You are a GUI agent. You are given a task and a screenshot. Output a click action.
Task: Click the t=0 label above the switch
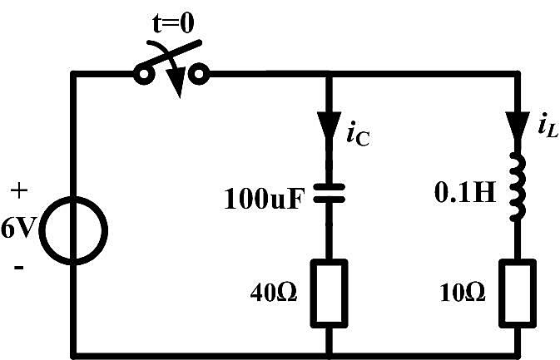click(174, 22)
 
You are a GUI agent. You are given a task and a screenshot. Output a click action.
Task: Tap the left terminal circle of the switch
click(143, 75)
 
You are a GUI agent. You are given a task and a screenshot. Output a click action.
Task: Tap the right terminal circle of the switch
click(199, 74)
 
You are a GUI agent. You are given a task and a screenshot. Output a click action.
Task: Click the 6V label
click(17, 228)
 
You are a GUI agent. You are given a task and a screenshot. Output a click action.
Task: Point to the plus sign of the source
click(19, 191)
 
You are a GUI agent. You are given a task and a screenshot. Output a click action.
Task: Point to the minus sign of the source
click(19, 267)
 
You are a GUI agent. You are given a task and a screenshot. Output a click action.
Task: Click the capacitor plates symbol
click(330, 193)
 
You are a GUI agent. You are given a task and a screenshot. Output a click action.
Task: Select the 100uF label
click(265, 199)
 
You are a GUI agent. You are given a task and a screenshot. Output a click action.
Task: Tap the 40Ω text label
click(274, 293)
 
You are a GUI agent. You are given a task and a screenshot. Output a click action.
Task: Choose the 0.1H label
click(465, 193)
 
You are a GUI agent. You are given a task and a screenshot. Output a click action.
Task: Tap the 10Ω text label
click(463, 293)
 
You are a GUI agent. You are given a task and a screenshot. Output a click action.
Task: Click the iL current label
click(548, 125)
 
